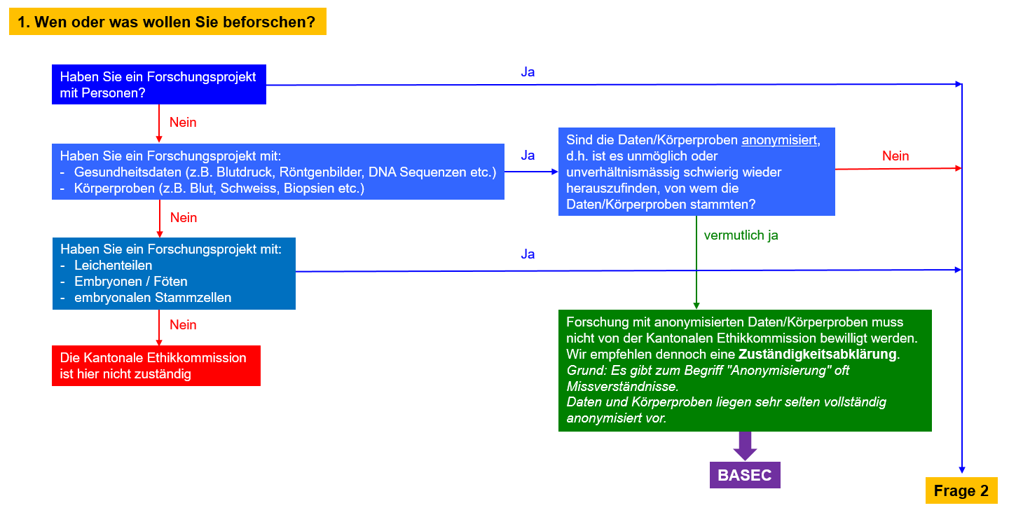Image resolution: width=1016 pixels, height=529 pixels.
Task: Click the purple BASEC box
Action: coord(744,475)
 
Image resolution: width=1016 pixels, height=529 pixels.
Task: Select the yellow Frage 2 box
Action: coord(961,490)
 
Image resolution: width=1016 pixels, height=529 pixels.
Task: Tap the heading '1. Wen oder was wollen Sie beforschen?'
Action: coord(167,22)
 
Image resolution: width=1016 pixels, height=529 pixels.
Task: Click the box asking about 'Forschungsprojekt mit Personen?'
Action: coord(158,85)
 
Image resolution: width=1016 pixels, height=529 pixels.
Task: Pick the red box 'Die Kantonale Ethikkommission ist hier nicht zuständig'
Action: coord(156,366)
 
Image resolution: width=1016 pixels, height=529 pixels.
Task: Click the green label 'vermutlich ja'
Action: coord(741,235)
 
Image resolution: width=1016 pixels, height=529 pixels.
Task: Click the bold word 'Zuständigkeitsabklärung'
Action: coord(817,354)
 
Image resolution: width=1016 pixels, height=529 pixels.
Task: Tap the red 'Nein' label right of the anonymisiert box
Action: coord(895,156)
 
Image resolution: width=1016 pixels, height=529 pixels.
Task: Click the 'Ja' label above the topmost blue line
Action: coord(528,71)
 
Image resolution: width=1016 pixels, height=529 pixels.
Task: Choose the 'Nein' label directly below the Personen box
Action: coord(183,123)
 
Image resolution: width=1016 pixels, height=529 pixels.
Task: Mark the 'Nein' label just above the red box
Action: coord(183,324)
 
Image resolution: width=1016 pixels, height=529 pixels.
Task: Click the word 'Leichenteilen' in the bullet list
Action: coord(113,266)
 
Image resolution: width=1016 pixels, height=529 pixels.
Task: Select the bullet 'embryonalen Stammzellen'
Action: coord(153,298)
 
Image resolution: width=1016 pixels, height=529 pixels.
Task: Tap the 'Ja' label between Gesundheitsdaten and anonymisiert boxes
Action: coord(528,155)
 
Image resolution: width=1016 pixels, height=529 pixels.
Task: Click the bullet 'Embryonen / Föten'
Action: coord(130,282)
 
